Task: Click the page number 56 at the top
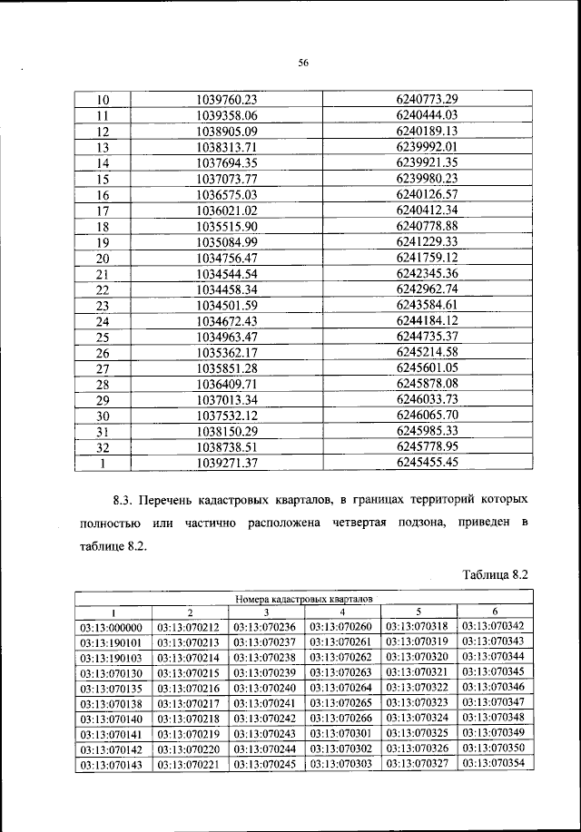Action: (x=304, y=63)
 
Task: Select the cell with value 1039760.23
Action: (x=227, y=98)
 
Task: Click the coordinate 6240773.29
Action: (x=426, y=98)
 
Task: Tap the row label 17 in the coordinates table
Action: (x=102, y=211)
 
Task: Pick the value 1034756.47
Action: (x=227, y=258)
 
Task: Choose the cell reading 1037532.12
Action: (x=227, y=416)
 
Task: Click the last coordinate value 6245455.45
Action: (x=426, y=462)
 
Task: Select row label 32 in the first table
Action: (x=102, y=446)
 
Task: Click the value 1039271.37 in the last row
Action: (x=227, y=463)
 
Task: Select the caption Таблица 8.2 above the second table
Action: (x=495, y=574)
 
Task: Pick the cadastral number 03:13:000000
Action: (x=113, y=627)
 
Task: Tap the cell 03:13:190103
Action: (x=113, y=657)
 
